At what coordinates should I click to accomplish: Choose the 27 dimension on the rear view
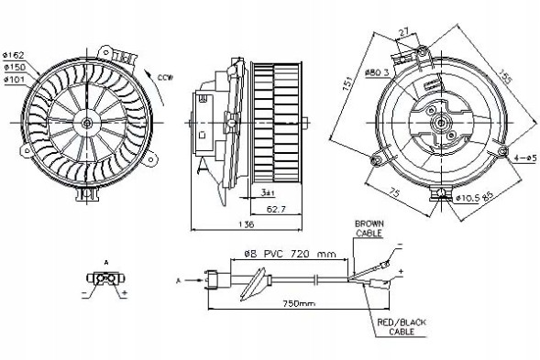click(x=404, y=31)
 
